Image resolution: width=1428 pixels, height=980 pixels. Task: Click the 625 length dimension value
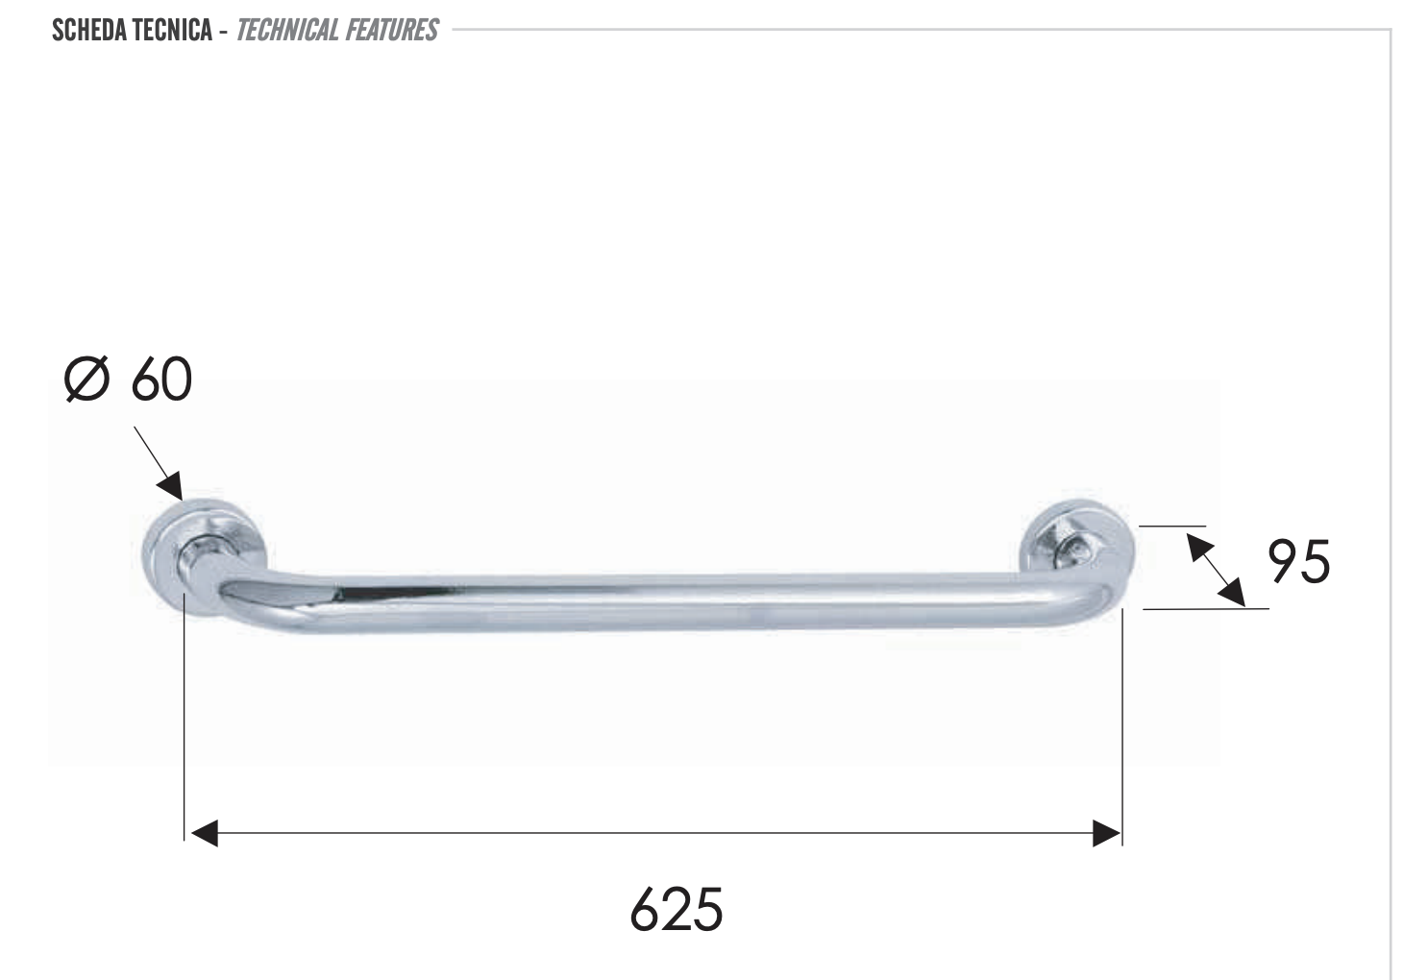pos(676,909)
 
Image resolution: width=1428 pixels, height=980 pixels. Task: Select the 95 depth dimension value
pos(1298,562)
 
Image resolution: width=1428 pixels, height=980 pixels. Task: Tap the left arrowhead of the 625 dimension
pos(205,833)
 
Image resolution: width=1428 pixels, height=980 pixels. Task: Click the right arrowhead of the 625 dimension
pos(1107,833)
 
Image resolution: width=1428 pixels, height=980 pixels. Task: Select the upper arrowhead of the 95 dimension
pos(1198,546)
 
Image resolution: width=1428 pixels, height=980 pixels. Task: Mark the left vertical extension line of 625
pos(184,721)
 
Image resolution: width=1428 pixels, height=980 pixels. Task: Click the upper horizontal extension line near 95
pos(1172,527)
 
